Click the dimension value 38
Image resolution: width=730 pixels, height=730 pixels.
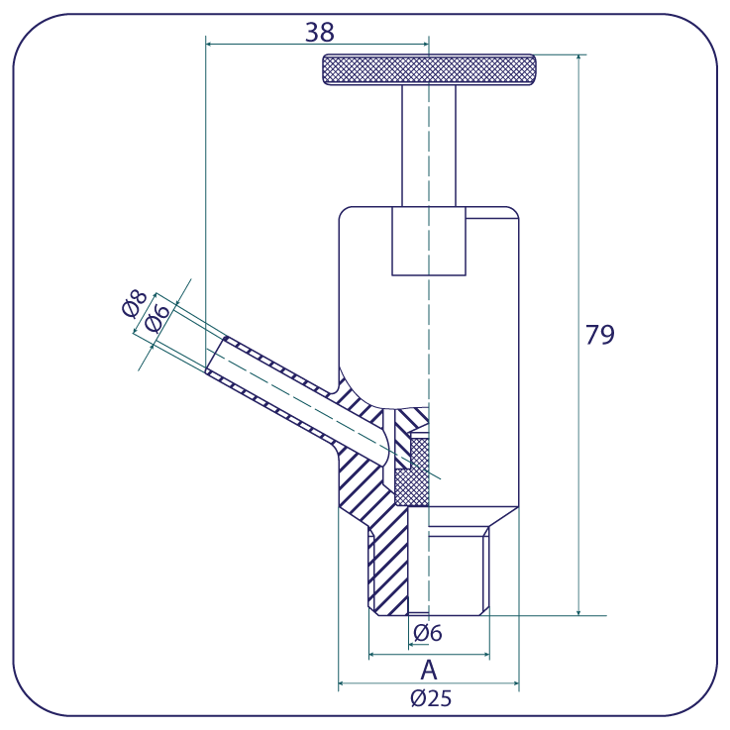point(320,33)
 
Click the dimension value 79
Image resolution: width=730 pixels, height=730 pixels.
point(599,335)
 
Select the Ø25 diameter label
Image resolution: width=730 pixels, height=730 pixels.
point(431,698)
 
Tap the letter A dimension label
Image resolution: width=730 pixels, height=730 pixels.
point(429,671)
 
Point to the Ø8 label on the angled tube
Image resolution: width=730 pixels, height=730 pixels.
point(134,303)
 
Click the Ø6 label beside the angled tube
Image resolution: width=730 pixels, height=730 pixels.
point(156,318)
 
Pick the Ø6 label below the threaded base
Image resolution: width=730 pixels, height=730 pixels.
point(428,633)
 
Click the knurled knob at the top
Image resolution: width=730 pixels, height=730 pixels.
point(429,70)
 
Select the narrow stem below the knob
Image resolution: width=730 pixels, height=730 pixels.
point(429,146)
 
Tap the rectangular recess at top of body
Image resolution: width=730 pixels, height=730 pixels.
point(429,241)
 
